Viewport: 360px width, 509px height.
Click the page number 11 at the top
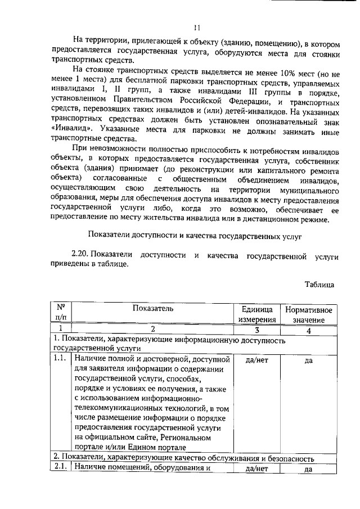pos(196,26)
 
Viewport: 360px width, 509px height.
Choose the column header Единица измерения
pos(257,314)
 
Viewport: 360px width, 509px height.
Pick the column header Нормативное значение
pos(308,314)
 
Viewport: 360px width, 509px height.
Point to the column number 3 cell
pos(257,330)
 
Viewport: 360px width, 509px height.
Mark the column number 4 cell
pos(308,330)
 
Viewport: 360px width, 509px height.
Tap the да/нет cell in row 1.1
pos(257,359)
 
